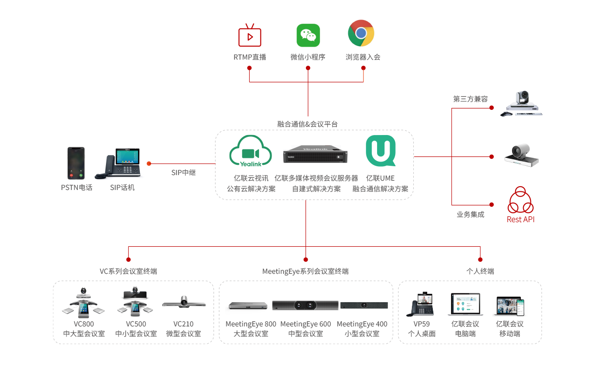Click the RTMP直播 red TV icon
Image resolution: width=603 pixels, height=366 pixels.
(x=250, y=35)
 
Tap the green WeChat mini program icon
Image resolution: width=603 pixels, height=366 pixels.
(x=308, y=35)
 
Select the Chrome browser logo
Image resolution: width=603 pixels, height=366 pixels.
(x=361, y=33)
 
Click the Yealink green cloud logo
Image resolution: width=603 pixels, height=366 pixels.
(x=250, y=151)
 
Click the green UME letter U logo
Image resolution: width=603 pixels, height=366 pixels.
(x=380, y=151)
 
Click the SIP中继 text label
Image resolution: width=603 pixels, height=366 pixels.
(x=184, y=173)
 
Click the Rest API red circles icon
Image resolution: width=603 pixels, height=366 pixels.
(x=521, y=201)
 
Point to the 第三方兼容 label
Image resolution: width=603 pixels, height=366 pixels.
(x=470, y=99)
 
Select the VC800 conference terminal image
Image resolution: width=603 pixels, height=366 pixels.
(x=84, y=303)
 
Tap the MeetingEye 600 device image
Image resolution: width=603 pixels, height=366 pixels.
(x=305, y=305)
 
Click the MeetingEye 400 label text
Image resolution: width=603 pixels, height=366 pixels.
(x=362, y=324)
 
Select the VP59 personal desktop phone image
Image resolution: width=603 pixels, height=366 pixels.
(x=422, y=305)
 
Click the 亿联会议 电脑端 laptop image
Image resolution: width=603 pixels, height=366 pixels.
(x=465, y=305)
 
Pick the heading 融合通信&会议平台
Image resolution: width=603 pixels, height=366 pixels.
(x=307, y=124)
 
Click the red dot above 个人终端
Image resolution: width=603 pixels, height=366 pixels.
(x=480, y=259)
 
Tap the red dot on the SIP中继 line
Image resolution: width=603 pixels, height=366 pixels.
(x=149, y=163)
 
